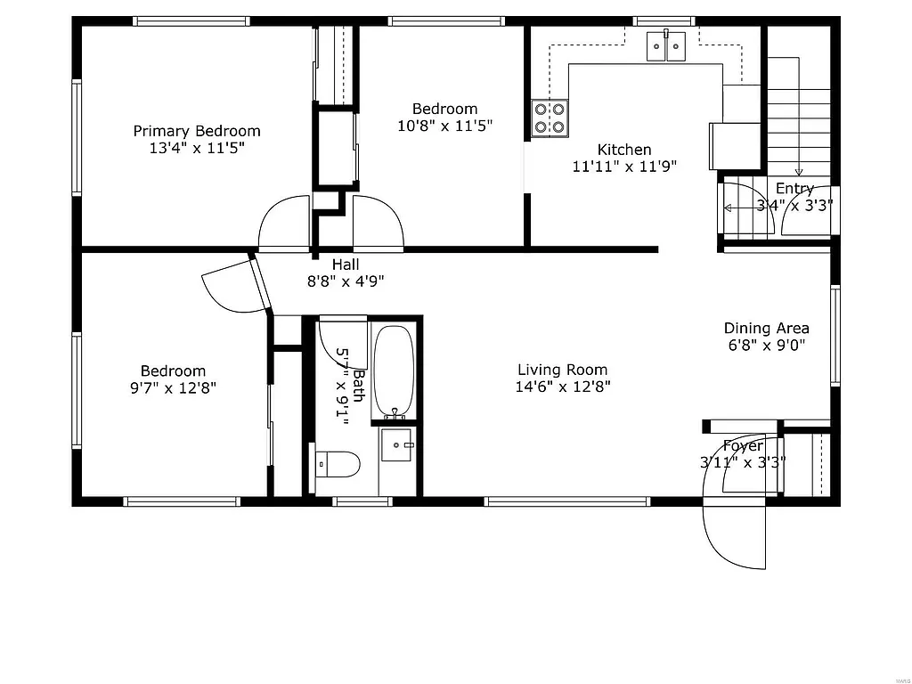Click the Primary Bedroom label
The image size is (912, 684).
pos(197,131)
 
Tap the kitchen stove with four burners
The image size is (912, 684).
pos(550,118)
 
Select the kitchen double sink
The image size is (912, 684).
pos(666,45)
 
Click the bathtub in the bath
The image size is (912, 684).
pos(393,371)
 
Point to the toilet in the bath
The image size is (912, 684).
pos(338,464)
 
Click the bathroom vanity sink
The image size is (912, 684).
pos(396,444)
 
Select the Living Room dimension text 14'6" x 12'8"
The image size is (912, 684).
pos(562,387)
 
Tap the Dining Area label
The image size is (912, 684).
pos(766,328)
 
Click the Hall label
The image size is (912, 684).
pos(346,265)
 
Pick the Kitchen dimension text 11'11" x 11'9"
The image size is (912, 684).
pos(624,166)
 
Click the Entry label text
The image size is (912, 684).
pos(794,189)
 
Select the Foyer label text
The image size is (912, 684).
pos(743,445)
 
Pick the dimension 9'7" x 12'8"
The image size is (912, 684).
pos(173,387)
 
